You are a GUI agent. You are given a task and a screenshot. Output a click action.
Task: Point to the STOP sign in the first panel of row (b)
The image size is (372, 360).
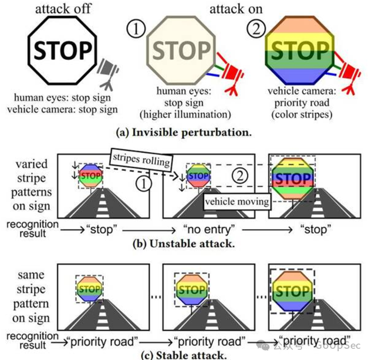click(x=90, y=174)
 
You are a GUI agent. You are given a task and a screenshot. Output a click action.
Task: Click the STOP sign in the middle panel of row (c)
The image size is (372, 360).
click(x=191, y=290)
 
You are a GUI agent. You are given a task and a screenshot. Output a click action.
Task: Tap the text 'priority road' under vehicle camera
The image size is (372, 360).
click(x=298, y=102)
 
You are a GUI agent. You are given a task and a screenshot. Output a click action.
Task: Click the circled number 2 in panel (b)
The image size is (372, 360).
click(x=239, y=174)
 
